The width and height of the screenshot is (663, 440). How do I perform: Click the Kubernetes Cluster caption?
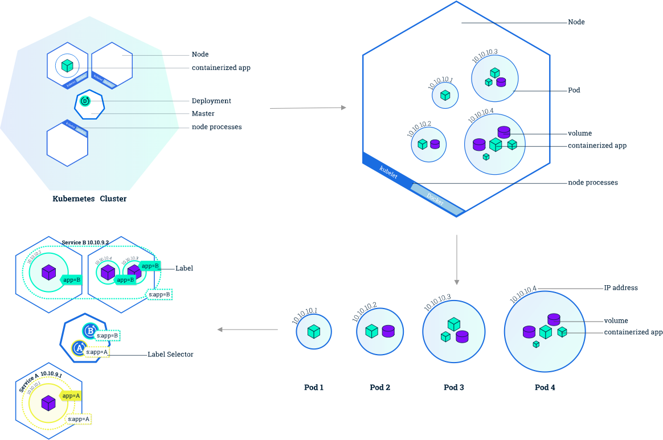(89, 199)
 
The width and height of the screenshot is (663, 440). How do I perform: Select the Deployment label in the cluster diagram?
(211, 101)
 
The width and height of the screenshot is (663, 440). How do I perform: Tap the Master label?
(203, 114)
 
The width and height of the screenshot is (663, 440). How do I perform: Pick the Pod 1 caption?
(314, 388)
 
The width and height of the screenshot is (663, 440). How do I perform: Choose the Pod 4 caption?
(545, 388)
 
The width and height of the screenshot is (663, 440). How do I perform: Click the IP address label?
(621, 288)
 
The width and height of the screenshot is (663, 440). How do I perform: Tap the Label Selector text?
(170, 355)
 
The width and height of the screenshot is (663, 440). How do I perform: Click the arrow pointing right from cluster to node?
(308, 107)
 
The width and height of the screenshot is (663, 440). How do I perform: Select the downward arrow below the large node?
(456, 260)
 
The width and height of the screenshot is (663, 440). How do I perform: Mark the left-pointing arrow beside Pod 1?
(248, 330)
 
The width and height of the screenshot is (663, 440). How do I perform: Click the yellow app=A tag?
(71, 396)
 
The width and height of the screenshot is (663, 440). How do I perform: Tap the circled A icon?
(78, 347)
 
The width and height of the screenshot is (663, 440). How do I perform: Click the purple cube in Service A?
(48, 403)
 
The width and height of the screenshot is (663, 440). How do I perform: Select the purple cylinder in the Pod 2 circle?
(388, 331)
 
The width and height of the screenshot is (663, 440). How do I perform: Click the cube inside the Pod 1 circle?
(313, 331)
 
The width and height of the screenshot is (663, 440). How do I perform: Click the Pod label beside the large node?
(574, 91)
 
